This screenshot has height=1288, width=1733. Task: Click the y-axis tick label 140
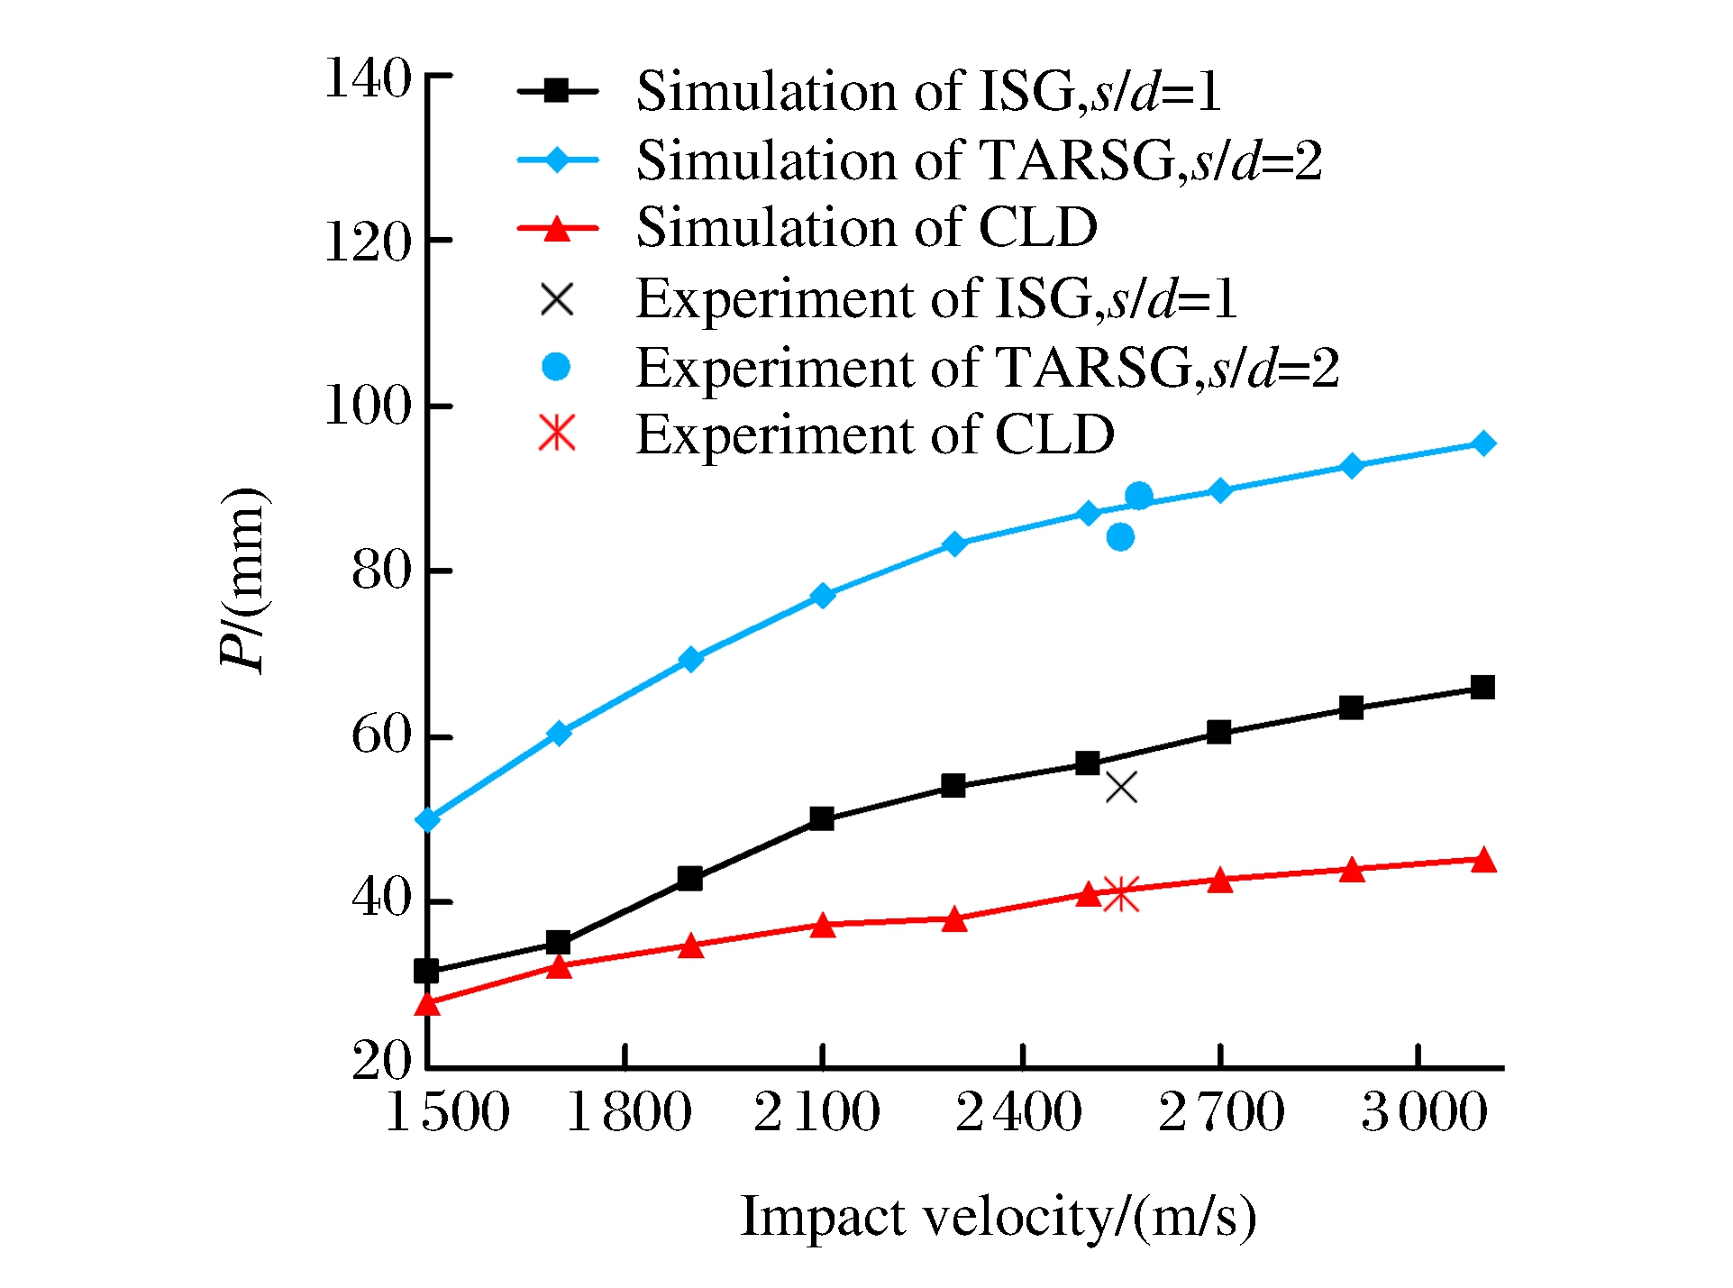pyautogui.click(x=368, y=78)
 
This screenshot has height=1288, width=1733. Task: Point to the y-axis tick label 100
pyautogui.click(x=368, y=406)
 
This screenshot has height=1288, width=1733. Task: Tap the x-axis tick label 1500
pyautogui.click(x=448, y=1111)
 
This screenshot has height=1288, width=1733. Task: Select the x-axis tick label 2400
pyautogui.click(x=1019, y=1111)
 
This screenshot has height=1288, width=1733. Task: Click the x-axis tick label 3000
pyautogui.click(x=1425, y=1111)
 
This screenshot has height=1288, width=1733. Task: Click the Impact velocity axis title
pyautogui.click(x=999, y=1217)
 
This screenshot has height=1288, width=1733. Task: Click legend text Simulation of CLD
pyautogui.click(x=867, y=227)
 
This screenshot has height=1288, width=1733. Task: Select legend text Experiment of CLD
pyautogui.click(x=875, y=435)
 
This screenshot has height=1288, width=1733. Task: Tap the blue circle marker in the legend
pyautogui.click(x=556, y=367)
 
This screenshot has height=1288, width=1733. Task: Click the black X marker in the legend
pyautogui.click(x=557, y=299)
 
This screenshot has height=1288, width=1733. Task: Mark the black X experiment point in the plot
pyautogui.click(x=1121, y=788)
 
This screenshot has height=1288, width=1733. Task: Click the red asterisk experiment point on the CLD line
pyautogui.click(x=1121, y=894)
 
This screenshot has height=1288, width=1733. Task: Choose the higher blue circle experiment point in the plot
pyautogui.click(x=1139, y=496)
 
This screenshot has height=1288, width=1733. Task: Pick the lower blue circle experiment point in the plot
pyautogui.click(x=1120, y=538)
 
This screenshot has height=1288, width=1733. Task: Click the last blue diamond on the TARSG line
pyautogui.click(x=1483, y=443)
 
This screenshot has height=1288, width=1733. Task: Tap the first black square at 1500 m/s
pyautogui.click(x=426, y=972)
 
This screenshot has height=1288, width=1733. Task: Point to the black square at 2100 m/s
pyautogui.click(x=822, y=819)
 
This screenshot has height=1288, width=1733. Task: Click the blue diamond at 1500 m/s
pyautogui.click(x=427, y=820)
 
